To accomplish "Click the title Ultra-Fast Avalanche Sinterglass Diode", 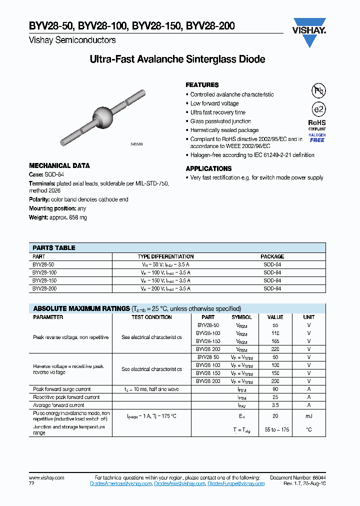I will pos(177,59).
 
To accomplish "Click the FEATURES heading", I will pos(202,85).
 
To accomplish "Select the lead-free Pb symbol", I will pos(318,90).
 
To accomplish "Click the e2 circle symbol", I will pos(318,109).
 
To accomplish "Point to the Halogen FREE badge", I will pos(317,137).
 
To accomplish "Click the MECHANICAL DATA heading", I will pos(59,165).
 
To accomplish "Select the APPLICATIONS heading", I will pos(208,169).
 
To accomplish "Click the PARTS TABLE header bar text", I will pos(54,247).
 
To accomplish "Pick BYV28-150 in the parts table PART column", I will pos(44,280).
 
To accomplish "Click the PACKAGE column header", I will pos(272,256).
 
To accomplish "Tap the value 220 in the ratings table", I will pos(275,349).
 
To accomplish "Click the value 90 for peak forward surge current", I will pos(275,389).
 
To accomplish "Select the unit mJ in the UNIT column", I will pos(309,416).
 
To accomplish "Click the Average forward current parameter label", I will pos(58,405).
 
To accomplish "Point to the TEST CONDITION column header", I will pos(151,317).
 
